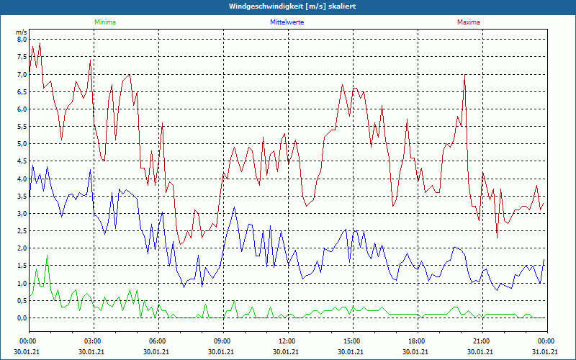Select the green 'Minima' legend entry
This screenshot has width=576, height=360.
(104, 22)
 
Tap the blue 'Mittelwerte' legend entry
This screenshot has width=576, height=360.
(287, 22)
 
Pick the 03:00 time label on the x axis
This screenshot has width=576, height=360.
(93, 341)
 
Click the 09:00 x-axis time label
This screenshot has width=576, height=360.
(222, 341)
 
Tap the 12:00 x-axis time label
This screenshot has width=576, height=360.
(287, 341)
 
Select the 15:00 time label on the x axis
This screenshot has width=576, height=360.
(352, 341)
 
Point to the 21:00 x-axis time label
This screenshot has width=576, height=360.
(482, 341)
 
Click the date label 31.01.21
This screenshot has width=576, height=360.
(544, 352)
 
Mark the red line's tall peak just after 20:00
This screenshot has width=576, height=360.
(465, 75)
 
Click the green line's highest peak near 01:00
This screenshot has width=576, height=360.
(48, 256)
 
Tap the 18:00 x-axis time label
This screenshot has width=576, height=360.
(417, 341)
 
